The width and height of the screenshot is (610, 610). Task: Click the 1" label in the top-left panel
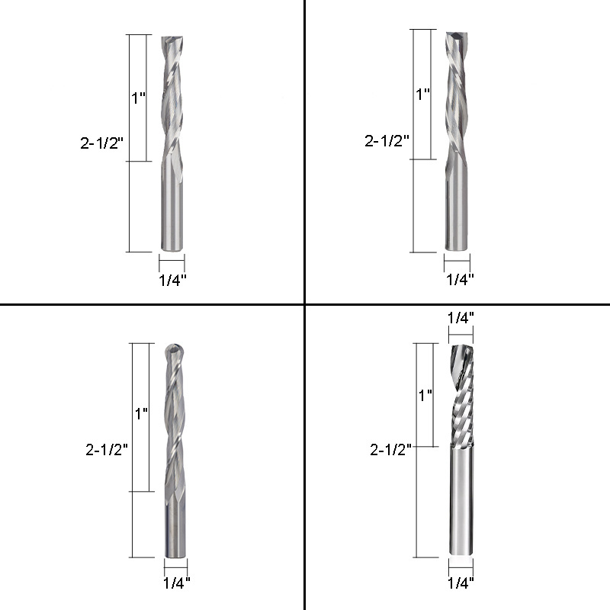click(139, 98)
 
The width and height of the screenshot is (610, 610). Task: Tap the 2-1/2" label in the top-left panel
click(101, 143)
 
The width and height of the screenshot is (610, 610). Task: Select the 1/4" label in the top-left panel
click(173, 280)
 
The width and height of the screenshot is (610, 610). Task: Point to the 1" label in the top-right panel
click(423, 94)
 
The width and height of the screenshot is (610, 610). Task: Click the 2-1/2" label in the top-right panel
click(387, 141)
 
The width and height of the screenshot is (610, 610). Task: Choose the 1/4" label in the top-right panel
click(460, 279)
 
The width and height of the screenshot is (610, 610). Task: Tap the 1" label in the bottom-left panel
click(141, 413)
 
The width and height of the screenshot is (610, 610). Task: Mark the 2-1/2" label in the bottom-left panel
click(107, 450)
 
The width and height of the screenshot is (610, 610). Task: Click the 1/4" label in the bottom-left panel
click(177, 583)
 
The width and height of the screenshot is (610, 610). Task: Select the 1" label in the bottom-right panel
click(425, 395)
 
